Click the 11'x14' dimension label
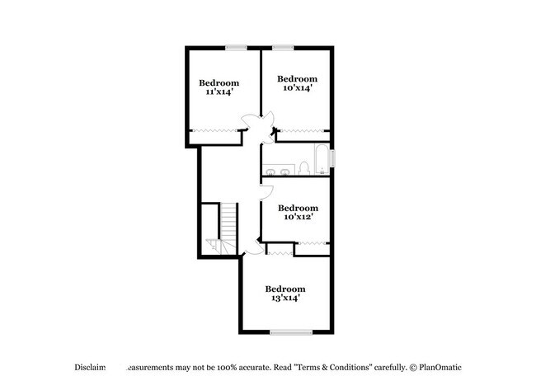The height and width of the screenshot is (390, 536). [x=219, y=92]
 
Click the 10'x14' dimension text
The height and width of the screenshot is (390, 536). [x=297, y=87]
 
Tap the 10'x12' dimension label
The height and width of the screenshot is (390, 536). [x=298, y=217]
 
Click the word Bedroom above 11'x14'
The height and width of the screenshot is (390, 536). [x=219, y=82]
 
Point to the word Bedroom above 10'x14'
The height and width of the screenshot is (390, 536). [x=297, y=78]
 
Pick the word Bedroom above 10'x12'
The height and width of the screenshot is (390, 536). [x=298, y=208]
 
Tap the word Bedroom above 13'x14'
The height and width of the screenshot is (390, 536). [x=284, y=289]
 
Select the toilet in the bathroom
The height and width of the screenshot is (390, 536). [x=303, y=169]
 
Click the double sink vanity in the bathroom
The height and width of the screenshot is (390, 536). [x=278, y=172]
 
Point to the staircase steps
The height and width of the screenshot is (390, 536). [x=228, y=223]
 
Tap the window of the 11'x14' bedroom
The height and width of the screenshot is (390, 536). [x=238, y=46]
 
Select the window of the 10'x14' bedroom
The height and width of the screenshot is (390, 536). [x=283, y=46]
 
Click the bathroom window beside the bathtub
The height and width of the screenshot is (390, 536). [x=332, y=159]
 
